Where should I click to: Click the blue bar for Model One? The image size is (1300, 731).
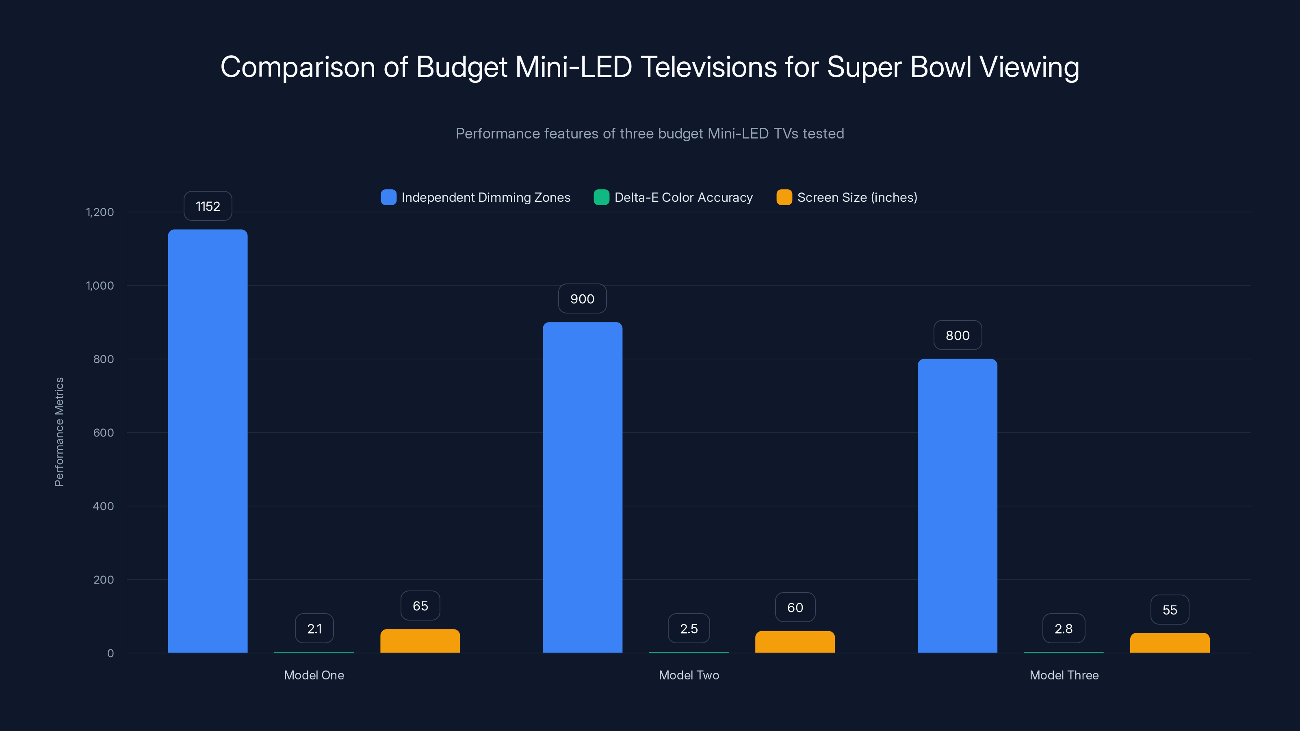point(208,441)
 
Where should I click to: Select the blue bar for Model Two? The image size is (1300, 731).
point(583,487)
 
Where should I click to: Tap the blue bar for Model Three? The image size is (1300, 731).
point(958,506)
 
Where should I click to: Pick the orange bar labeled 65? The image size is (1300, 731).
point(420,641)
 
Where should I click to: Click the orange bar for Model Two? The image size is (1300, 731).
point(795,642)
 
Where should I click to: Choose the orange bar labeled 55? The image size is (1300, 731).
point(1170,643)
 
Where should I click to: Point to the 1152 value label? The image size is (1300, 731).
point(208,206)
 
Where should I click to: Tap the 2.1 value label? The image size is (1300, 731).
point(314,629)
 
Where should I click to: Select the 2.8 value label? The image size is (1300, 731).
point(1063,629)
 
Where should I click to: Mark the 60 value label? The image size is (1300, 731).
point(795,608)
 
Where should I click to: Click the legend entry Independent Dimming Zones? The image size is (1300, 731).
point(485,197)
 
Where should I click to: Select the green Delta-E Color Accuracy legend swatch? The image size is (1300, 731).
point(601,197)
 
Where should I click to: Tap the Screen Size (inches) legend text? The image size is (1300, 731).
point(857,197)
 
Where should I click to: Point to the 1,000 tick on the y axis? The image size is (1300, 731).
point(100,285)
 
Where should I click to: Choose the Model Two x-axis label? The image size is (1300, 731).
point(689,675)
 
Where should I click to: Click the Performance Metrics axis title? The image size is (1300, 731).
point(59,432)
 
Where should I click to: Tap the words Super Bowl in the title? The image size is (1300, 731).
point(899,67)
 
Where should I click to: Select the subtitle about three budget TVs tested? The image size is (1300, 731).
point(650,133)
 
